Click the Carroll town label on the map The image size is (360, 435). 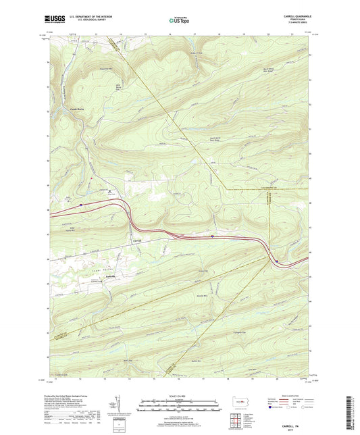point(136,240)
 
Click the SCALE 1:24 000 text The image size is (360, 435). point(180,396)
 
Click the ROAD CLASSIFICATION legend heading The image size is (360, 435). point(292,396)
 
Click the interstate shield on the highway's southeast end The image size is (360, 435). point(276,261)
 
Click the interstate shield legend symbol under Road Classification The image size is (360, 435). point(273,409)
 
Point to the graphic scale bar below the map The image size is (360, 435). point(180,407)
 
